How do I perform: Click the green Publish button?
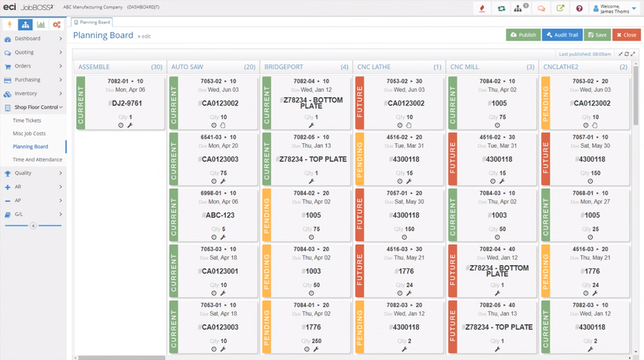click(x=523, y=35)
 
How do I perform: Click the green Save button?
click(x=598, y=35)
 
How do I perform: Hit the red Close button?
click(x=626, y=35)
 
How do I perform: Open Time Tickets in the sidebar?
click(x=28, y=120)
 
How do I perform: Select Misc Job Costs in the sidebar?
click(x=29, y=133)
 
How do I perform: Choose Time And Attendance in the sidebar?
click(x=37, y=159)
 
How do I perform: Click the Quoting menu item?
click(x=24, y=52)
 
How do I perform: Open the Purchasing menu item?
click(x=28, y=79)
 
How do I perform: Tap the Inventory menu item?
click(x=26, y=93)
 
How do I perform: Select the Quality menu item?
click(x=24, y=173)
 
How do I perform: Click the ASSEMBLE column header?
click(x=94, y=67)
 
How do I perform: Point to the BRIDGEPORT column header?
click(x=284, y=67)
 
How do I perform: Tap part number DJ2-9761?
click(x=125, y=104)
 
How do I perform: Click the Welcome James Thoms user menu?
click(x=615, y=9)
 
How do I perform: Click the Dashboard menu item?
click(x=27, y=38)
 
